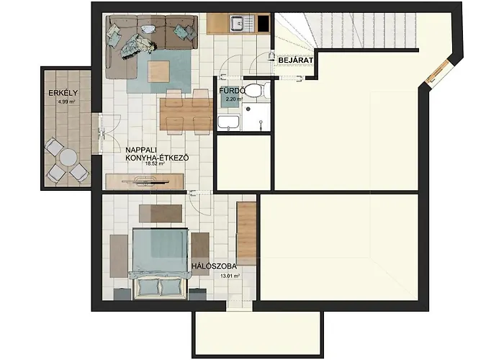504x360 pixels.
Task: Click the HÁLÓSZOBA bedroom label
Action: coord(214,266)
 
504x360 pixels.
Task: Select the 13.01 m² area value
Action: coord(230,275)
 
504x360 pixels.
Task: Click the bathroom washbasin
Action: coord(228,123)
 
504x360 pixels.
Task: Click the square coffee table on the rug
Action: coord(158,71)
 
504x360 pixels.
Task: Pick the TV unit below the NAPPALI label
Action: coord(141,180)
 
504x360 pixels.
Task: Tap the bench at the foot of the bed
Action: coord(161,213)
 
